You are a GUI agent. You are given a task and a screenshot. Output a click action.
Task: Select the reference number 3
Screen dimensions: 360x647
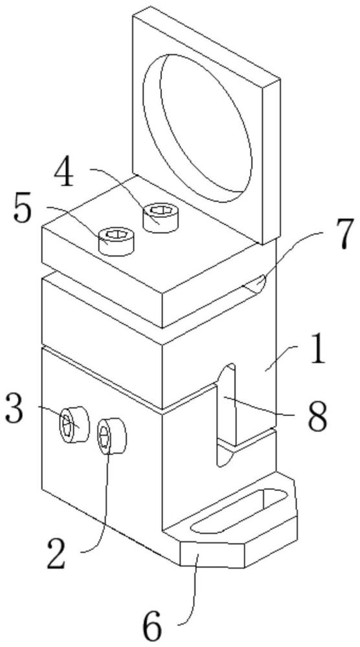click(16, 409)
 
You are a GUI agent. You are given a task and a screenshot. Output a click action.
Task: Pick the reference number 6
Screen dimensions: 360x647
click(153, 628)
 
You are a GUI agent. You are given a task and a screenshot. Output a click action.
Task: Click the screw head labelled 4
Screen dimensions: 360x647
click(161, 217)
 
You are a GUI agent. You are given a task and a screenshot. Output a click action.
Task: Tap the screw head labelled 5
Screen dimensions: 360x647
click(117, 241)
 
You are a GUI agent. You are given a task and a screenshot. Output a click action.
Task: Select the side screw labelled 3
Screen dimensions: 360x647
click(74, 424)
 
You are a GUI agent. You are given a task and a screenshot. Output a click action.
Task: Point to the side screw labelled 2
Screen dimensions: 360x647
click(111, 435)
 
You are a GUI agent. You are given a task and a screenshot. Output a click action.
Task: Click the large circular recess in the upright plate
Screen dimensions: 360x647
click(197, 128)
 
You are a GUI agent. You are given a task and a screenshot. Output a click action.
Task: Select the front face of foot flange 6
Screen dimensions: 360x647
click(213, 554)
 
